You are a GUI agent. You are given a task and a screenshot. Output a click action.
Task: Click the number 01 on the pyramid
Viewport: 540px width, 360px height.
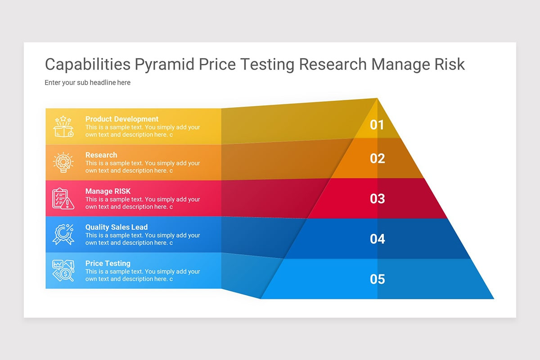pyautogui.click(x=377, y=125)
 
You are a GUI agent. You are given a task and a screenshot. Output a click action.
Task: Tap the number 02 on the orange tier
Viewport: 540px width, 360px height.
pyautogui.click(x=377, y=158)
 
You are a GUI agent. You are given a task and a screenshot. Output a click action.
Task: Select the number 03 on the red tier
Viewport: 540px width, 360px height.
pyautogui.click(x=377, y=198)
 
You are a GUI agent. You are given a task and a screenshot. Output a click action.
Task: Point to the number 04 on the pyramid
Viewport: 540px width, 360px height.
pyautogui.click(x=377, y=238)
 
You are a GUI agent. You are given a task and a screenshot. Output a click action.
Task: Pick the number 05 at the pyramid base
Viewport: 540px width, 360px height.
pyautogui.click(x=377, y=279)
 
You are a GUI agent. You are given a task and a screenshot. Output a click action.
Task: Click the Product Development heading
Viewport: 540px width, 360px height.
pyautogui.click(x=122, y=119)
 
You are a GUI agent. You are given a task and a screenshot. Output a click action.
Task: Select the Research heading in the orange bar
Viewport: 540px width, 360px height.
pyautogui.click(x=101, y=155)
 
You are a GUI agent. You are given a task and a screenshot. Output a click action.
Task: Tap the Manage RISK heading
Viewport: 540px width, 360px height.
pyautogui.click(x=108, y=191)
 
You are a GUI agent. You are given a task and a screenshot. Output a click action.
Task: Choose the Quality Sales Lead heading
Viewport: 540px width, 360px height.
pyautogui.click(x=117, y=227)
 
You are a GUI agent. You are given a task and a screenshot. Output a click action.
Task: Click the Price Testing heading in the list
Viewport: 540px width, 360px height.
pyautogui.click(x=108, y=263)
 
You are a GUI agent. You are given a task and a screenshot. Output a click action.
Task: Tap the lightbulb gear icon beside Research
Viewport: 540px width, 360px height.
pyautogui.click(x=63, y=162)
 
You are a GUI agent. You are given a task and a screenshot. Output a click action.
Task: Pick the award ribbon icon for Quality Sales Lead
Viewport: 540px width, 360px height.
pyautogui.click(x=63, y=234)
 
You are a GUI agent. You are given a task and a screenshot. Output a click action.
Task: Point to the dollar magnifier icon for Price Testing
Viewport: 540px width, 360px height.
pyautogui.click(x=63, y=270)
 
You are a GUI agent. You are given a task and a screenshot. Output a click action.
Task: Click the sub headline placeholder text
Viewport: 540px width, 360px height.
pyautogui.click(x=88, y=83)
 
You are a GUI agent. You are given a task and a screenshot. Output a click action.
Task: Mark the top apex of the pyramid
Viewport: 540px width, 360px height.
pyautogui.click(x=377, y=99)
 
